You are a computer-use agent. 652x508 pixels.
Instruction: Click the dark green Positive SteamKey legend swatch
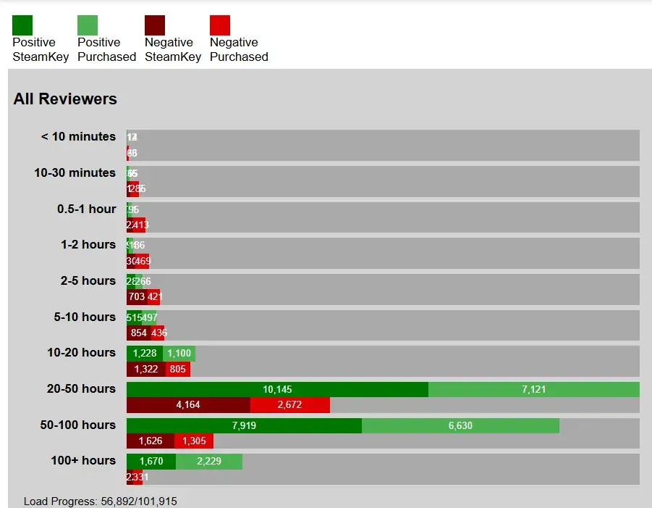22,25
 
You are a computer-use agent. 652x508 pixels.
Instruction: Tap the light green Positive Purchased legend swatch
88,25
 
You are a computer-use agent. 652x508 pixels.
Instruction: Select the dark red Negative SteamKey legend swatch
155,25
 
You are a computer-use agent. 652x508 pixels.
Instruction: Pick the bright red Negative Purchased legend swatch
220,25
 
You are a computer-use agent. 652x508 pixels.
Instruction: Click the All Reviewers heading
65,99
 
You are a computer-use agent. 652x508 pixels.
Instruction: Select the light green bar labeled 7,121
534,390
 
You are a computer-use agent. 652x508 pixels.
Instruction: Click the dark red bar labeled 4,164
188,405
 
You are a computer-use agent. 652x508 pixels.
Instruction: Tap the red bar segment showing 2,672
289,405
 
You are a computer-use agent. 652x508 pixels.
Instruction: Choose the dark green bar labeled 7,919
244,426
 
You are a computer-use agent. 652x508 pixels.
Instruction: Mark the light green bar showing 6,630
460,426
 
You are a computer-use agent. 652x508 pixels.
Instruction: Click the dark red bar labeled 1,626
150,441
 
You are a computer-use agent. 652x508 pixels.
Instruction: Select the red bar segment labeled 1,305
194,441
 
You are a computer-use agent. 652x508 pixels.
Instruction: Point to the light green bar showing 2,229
209,462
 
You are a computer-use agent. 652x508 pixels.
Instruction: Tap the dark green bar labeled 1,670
151,462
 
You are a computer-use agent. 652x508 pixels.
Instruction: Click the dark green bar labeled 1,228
145,354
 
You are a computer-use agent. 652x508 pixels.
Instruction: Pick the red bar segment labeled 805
178,369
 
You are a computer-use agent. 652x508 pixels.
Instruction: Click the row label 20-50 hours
81,389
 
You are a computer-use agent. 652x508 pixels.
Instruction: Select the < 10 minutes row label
78,137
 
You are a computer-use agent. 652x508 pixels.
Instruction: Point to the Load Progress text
100,501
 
